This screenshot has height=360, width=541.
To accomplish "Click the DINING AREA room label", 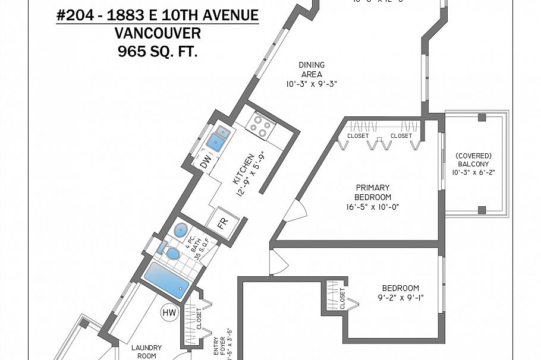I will point(311,70).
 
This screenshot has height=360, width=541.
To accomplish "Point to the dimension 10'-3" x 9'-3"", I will point(311,84).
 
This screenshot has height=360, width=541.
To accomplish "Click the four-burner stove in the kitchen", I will point(262,124).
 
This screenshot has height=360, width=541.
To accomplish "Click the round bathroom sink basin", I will point(181,230).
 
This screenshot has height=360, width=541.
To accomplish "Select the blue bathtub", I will point(167,282).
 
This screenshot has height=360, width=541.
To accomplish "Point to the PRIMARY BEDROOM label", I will point(373,192).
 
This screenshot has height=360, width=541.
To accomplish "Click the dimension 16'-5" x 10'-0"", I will point(373,207).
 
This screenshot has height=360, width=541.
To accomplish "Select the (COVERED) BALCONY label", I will point(473,160).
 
